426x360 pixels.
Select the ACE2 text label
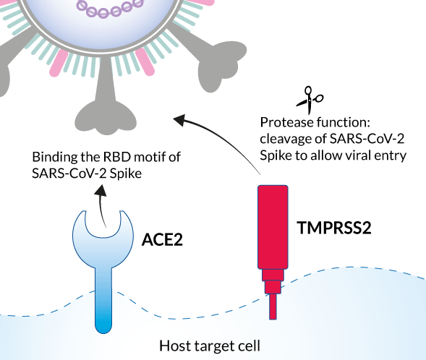tap(162, 238)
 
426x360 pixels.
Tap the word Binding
tap(51, 157)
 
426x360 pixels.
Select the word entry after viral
tap(391, 155)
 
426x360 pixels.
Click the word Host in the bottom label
tap(174, 345)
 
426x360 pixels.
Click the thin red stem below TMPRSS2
tap(273, 307)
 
